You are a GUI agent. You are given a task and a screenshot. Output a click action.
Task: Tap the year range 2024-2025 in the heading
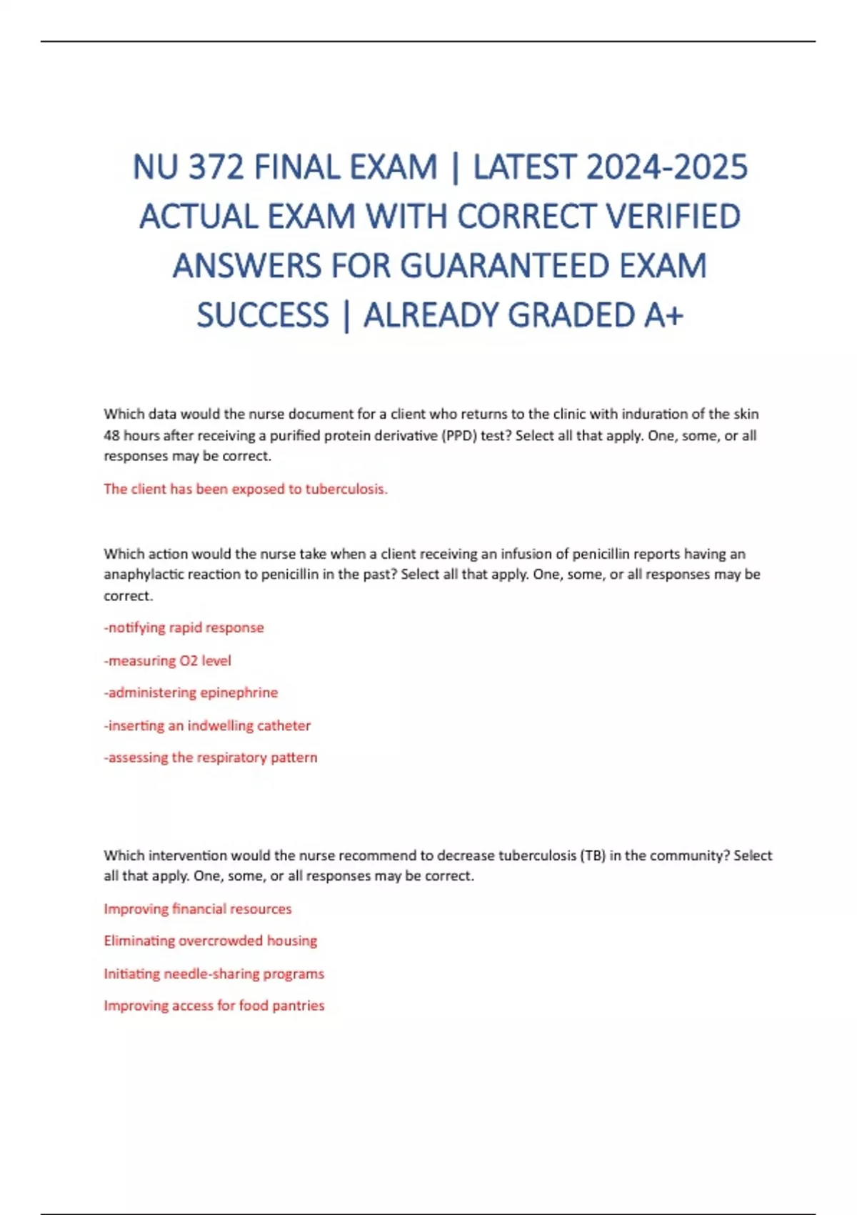(667, 168)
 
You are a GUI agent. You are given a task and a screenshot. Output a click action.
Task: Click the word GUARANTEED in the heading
(503, 267)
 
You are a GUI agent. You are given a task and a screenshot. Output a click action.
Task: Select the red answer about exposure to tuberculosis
(246, 489)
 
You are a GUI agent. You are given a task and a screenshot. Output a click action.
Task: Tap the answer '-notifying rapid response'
(184, 628)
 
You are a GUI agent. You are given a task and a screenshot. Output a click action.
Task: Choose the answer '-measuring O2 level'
(168, 660)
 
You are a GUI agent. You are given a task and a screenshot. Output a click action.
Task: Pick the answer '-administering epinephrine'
(191, 693)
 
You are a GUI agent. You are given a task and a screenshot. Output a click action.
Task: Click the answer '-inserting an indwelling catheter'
(207, 725)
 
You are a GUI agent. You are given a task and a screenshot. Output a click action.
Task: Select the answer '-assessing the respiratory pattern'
(211, 758)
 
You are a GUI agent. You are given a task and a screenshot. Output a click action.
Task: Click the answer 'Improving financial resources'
(198, 909)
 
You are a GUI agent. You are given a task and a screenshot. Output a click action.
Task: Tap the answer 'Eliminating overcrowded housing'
(211, 941)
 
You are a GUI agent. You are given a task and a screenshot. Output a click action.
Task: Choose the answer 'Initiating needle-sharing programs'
(214, 973)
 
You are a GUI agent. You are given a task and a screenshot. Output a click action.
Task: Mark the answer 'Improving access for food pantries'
(214, 1006)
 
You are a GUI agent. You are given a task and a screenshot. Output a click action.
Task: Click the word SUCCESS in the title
(263, 316)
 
